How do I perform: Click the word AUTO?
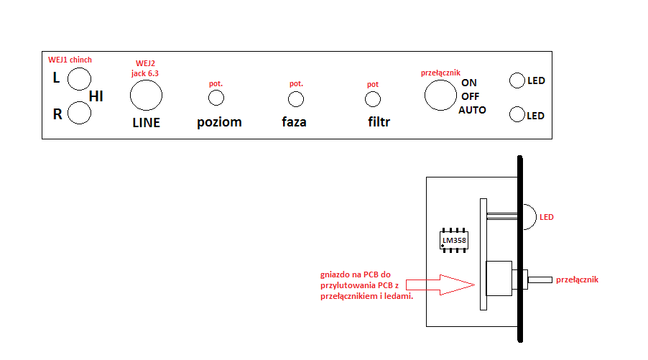tap(473, 110)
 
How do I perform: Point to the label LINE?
tap(147, 123)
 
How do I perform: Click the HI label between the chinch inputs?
tap(96, 96)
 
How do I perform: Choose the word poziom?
tap(219, 122)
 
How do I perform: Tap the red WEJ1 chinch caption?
tap(70, 60)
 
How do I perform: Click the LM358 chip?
tap(454, 240)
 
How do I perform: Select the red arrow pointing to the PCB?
tap(440, 285)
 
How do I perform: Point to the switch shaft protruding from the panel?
tap(540, 280)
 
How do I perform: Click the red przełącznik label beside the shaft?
tap(577, 280)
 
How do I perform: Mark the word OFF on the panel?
tap(471, 96)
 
